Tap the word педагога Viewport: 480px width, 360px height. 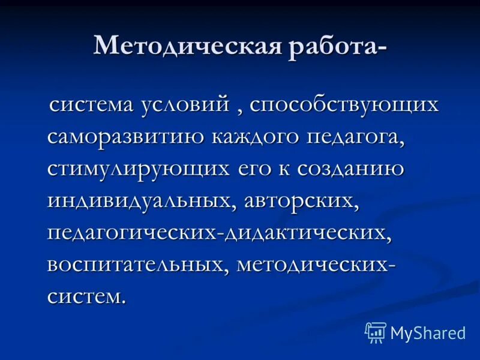355,136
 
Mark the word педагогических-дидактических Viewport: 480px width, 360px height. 220,232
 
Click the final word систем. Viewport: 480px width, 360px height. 87,295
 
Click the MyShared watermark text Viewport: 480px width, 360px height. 428,332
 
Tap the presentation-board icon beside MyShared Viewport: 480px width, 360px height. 376,332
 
